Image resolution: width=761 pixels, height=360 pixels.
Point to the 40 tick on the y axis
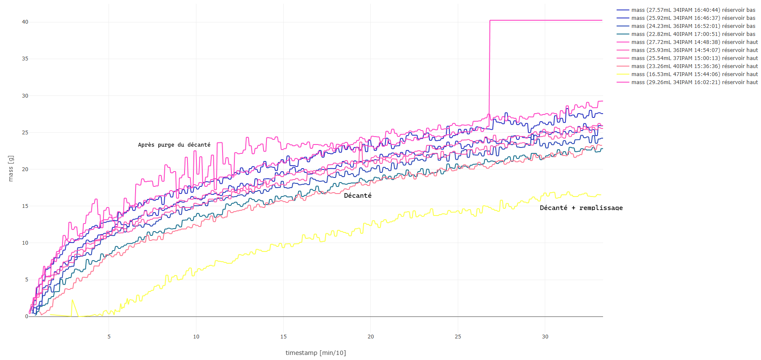point(25,22)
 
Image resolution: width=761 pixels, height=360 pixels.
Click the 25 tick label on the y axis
point(25,133)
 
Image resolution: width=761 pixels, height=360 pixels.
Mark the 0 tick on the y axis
point(27,316)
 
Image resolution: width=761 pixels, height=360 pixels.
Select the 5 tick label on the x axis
point(109,337)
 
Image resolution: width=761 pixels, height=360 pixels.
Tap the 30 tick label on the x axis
point(545,337)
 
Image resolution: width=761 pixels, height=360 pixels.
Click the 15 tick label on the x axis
point(283,337)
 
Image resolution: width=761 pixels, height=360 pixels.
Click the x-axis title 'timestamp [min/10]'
point(315,353)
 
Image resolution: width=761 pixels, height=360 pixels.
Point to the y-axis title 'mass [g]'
point(11,169)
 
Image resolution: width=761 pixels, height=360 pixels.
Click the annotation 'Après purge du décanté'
point(174,145)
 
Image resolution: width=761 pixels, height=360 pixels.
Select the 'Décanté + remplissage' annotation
point(581,208)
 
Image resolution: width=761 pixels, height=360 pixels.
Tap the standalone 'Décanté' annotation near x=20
point(358,196)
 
